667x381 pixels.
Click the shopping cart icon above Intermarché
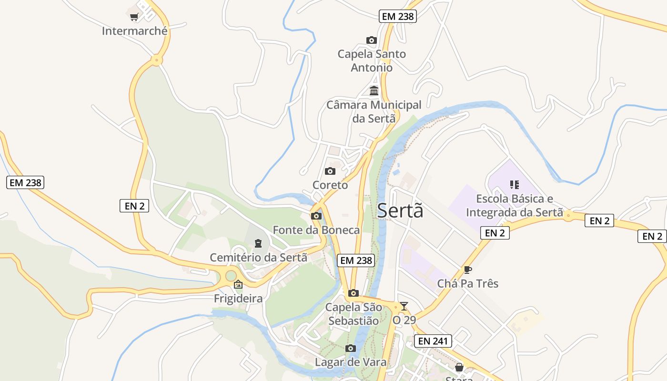[134, 17]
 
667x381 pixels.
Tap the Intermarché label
[135, 31]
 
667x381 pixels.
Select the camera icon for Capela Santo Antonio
[372, 40]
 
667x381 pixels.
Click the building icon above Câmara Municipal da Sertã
[374, 90]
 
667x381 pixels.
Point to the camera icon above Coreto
[330, 171]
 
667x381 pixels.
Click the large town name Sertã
[400, 211]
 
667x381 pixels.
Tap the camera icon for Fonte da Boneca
[316, 216]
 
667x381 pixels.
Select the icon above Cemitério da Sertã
[258, 244]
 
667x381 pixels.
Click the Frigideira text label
[238, 299]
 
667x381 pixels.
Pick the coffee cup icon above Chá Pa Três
[468, 270]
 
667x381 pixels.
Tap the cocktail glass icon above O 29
[404, 306]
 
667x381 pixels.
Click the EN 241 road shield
[433, 341]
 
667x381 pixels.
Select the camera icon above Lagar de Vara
[351, 349]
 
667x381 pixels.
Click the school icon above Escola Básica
[514, 184]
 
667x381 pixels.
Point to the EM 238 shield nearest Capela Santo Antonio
[398, 16]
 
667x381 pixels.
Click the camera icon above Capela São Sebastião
[354, 293]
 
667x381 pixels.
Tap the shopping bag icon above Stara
[459, 367]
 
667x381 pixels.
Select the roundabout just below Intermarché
[156, 60]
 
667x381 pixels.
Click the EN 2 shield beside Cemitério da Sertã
[134, 206]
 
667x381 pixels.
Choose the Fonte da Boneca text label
[316, 230]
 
